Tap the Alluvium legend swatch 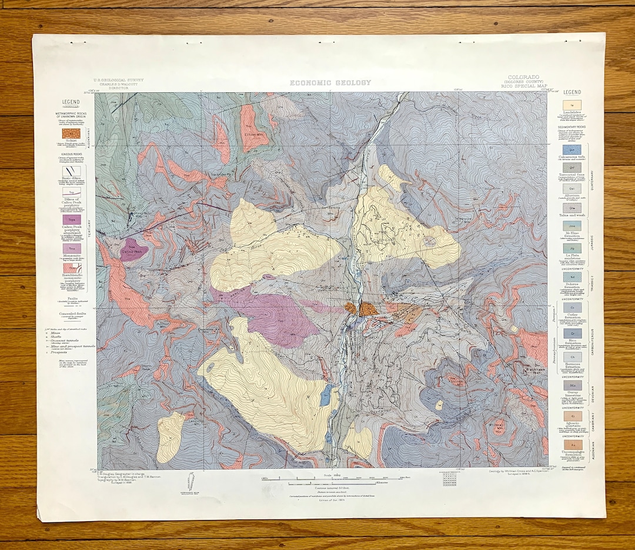[572, 188]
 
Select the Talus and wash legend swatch [572, 207]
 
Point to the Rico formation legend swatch [572, 332]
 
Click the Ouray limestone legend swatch [572, 384]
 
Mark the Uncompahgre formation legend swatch [572, 445]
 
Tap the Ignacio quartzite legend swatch [572, 415]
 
